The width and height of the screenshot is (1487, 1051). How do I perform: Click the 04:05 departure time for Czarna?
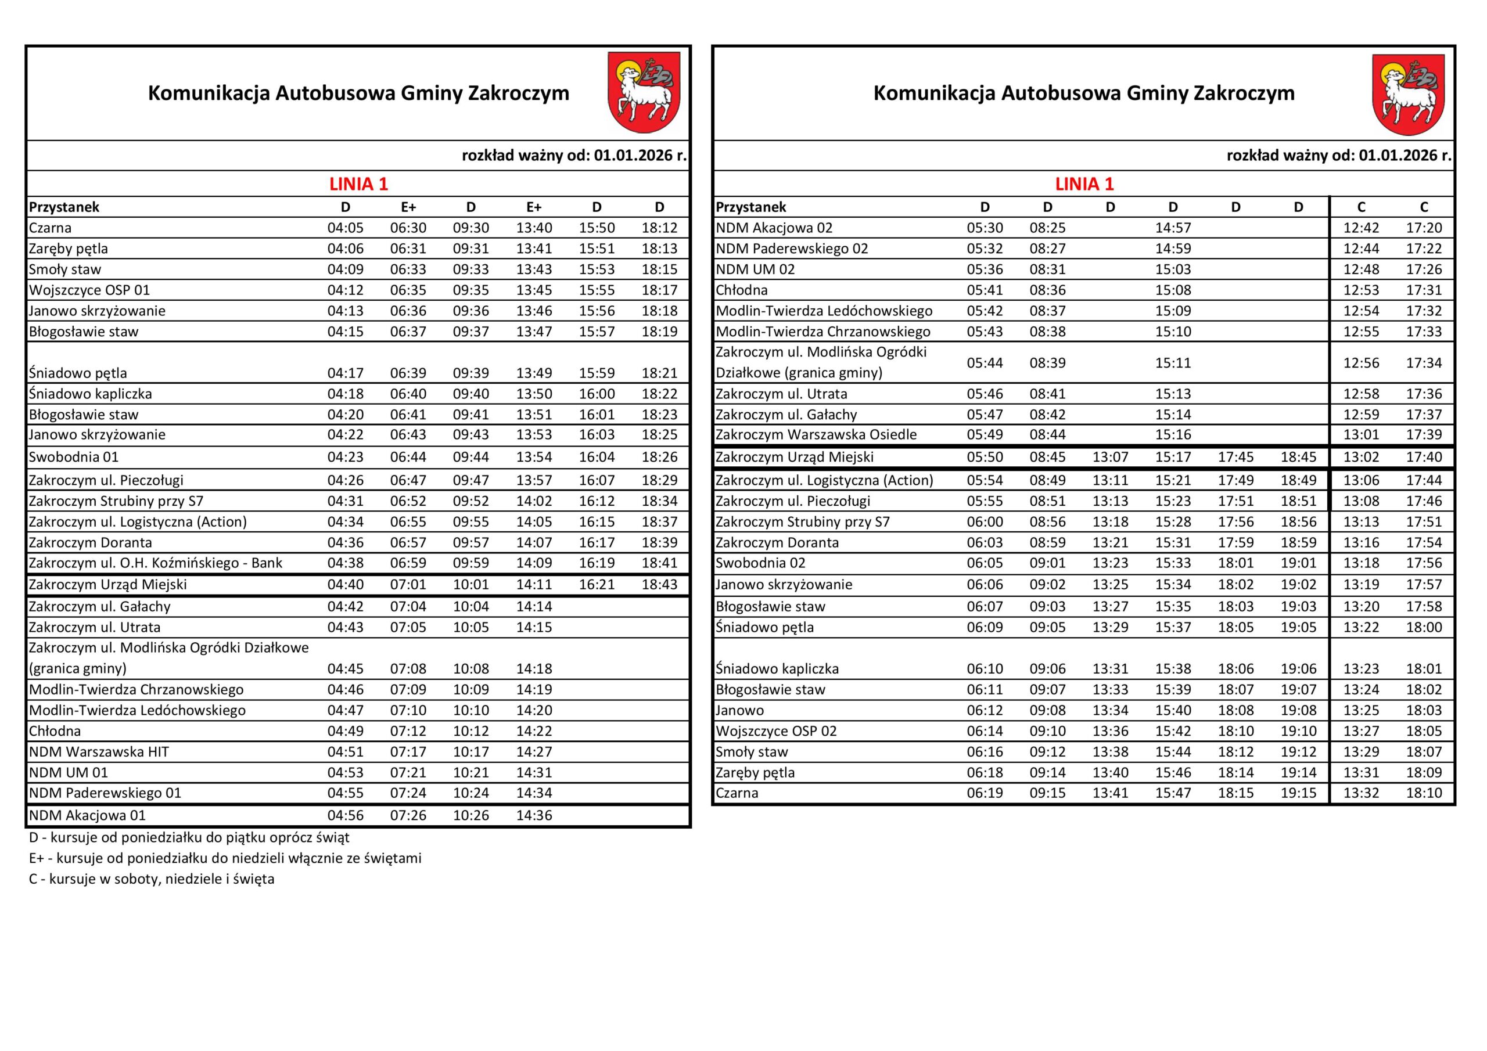point(345,228)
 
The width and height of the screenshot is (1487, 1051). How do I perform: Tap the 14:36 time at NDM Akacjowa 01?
point(534,815)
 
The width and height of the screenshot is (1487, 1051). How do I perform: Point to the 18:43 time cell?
point(659,585)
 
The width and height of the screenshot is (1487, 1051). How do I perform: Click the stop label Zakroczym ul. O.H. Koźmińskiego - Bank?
point(156,563)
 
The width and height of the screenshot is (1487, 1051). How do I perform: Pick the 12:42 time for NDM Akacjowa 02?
point(1361,228)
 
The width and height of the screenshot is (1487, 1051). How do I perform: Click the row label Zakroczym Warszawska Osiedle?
point(816,434)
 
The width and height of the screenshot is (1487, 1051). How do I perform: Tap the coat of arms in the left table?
point(643,92)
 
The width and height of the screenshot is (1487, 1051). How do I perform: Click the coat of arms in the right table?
point(1408,95)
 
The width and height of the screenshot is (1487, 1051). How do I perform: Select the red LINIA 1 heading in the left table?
point(358,184)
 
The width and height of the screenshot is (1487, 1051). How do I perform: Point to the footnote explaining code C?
point(152,879)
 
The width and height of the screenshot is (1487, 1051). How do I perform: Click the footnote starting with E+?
point(225,859)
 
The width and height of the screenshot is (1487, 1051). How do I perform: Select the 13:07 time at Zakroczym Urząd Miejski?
point(1110,457)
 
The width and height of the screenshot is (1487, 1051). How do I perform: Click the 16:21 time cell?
point(597,585)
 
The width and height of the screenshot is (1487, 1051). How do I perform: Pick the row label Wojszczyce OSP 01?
point(89,290)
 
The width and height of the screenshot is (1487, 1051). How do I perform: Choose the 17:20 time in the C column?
point(1424,228)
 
